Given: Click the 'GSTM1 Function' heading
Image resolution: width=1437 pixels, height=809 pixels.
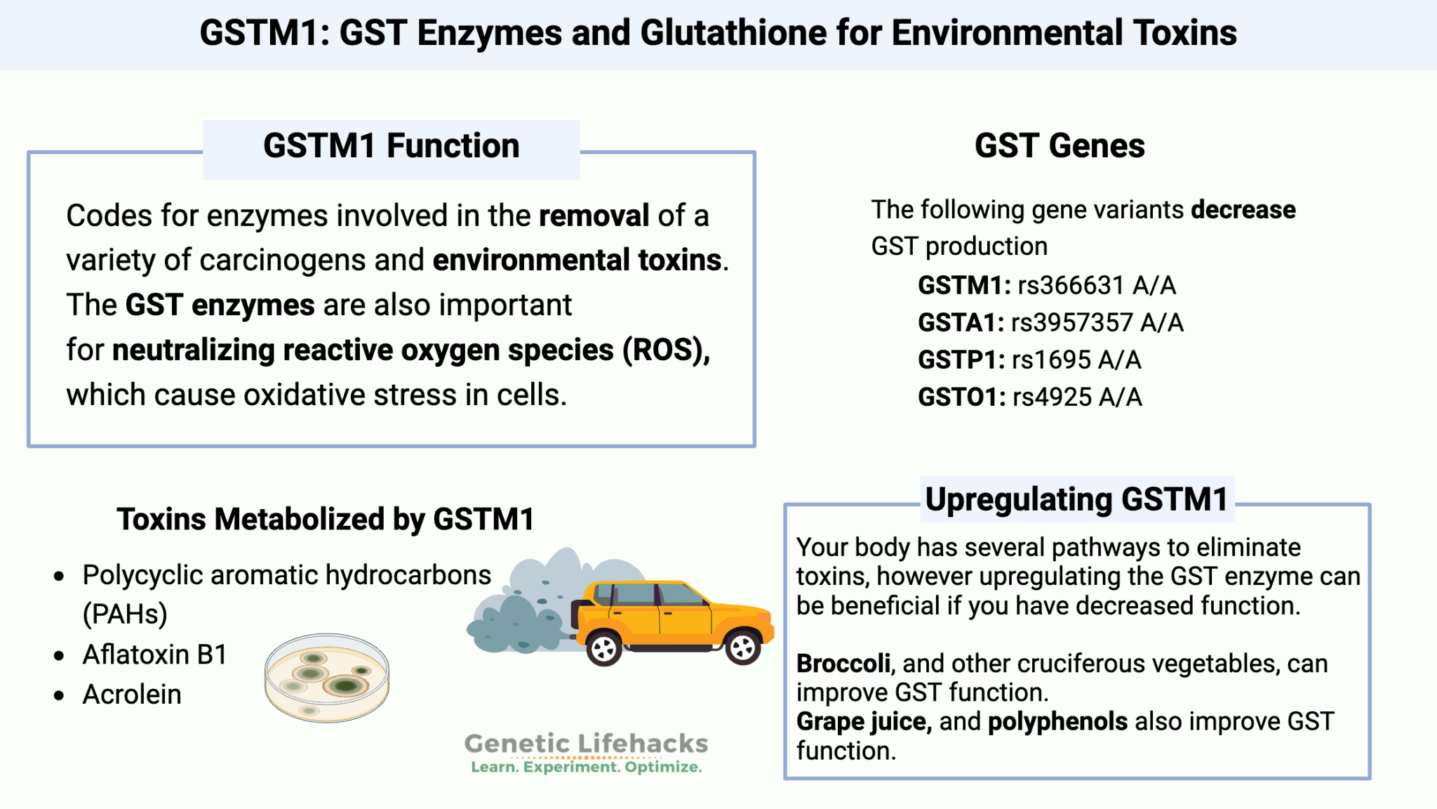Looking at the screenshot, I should click(391, 146).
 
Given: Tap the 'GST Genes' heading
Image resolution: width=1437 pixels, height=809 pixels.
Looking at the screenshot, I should click(1060, 146).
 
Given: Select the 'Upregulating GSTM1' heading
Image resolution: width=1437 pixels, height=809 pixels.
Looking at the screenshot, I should click(1076, 500).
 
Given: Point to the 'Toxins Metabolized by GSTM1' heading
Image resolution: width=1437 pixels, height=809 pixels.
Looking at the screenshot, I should click(326, 520).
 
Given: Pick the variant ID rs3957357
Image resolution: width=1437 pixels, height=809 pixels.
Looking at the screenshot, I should click(1071, 323).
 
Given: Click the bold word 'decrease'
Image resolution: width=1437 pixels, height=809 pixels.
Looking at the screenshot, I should click(1243, 210).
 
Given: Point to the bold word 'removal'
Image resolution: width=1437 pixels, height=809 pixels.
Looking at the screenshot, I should click(594, 216).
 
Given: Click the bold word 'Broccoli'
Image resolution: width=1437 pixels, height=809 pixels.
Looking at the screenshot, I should click(843, 664).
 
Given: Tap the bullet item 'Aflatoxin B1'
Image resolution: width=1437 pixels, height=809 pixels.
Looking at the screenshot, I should click(155, 655).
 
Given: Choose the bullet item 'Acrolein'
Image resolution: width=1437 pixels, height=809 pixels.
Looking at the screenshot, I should click(132, 695).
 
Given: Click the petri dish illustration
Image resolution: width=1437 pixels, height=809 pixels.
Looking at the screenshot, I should click(327, 678).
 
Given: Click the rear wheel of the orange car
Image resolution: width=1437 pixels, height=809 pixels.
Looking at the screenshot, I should click(603, 649).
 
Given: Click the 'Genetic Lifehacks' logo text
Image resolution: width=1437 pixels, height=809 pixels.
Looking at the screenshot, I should click(586, 744).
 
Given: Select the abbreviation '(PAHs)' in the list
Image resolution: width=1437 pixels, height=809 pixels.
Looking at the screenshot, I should click(125, 614).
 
